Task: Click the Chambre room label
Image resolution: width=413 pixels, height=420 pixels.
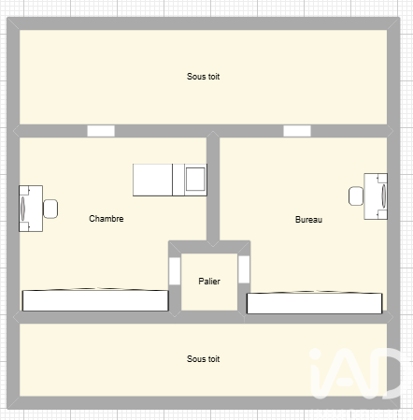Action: pos(107,219)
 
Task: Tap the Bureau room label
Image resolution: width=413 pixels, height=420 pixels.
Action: pos(308,220)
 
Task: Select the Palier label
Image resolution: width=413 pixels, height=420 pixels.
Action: pos(209,282)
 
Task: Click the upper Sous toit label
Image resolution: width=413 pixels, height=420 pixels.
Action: pos(203,77)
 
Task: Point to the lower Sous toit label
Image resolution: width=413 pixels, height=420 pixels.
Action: pos(203,359)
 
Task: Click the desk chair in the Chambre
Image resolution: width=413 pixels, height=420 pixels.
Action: pos(50,209)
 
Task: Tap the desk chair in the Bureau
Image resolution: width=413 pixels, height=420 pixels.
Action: pos(356,196)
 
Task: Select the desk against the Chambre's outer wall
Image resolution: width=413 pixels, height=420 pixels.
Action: pos(31,209)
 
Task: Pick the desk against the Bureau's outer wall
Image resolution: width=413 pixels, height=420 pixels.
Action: pos(376,196)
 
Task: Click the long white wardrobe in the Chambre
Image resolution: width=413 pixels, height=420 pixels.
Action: pos(95,300)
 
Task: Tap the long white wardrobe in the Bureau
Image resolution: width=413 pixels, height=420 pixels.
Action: pos(315,303)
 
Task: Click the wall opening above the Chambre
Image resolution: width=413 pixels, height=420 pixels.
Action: pos(101,131)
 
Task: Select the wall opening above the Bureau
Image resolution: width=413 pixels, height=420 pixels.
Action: pos(297,131)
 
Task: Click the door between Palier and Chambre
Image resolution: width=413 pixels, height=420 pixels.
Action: pos(175,271)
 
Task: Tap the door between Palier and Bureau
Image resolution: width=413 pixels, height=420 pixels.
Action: pos(244,269)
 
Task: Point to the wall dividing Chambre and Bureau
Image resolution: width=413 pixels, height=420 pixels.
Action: pos(213,189)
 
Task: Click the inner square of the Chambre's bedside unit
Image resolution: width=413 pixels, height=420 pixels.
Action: pos(195,180)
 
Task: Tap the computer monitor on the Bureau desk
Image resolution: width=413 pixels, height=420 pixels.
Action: pos(384,196)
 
